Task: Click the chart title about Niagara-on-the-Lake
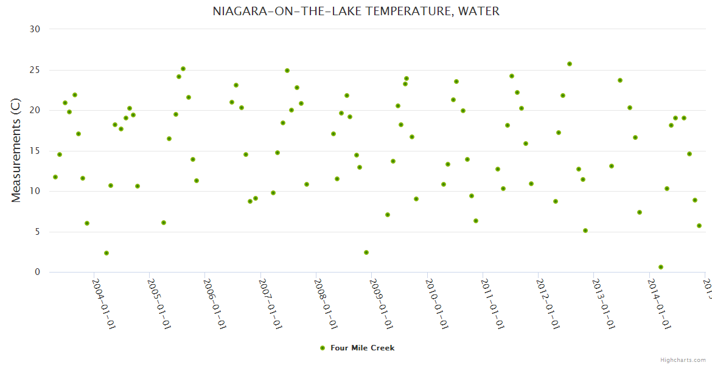click(x=356, y=12)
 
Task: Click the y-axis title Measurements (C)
click(x=16, y=150)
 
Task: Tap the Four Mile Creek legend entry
click(x=362, y=348)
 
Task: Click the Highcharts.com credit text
click(x=683, y=360)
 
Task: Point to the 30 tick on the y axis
click(x=35, y=29)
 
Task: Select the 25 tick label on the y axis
click(x=35, y=70)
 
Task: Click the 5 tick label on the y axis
click(x=37, y=232)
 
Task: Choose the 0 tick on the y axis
click(x=37, y=273)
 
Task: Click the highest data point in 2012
click(x=570, y=64)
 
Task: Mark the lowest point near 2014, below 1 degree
click(x=661, y=267)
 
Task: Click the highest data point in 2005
click(x=183, y=69)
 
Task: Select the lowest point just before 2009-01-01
click(x=366, y=252)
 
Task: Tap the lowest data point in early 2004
click(x=106, y=253)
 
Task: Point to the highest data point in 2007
click(x=287, y=71)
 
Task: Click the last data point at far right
click(x=699, y=226)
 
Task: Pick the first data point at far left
click(x=55, y=177)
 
